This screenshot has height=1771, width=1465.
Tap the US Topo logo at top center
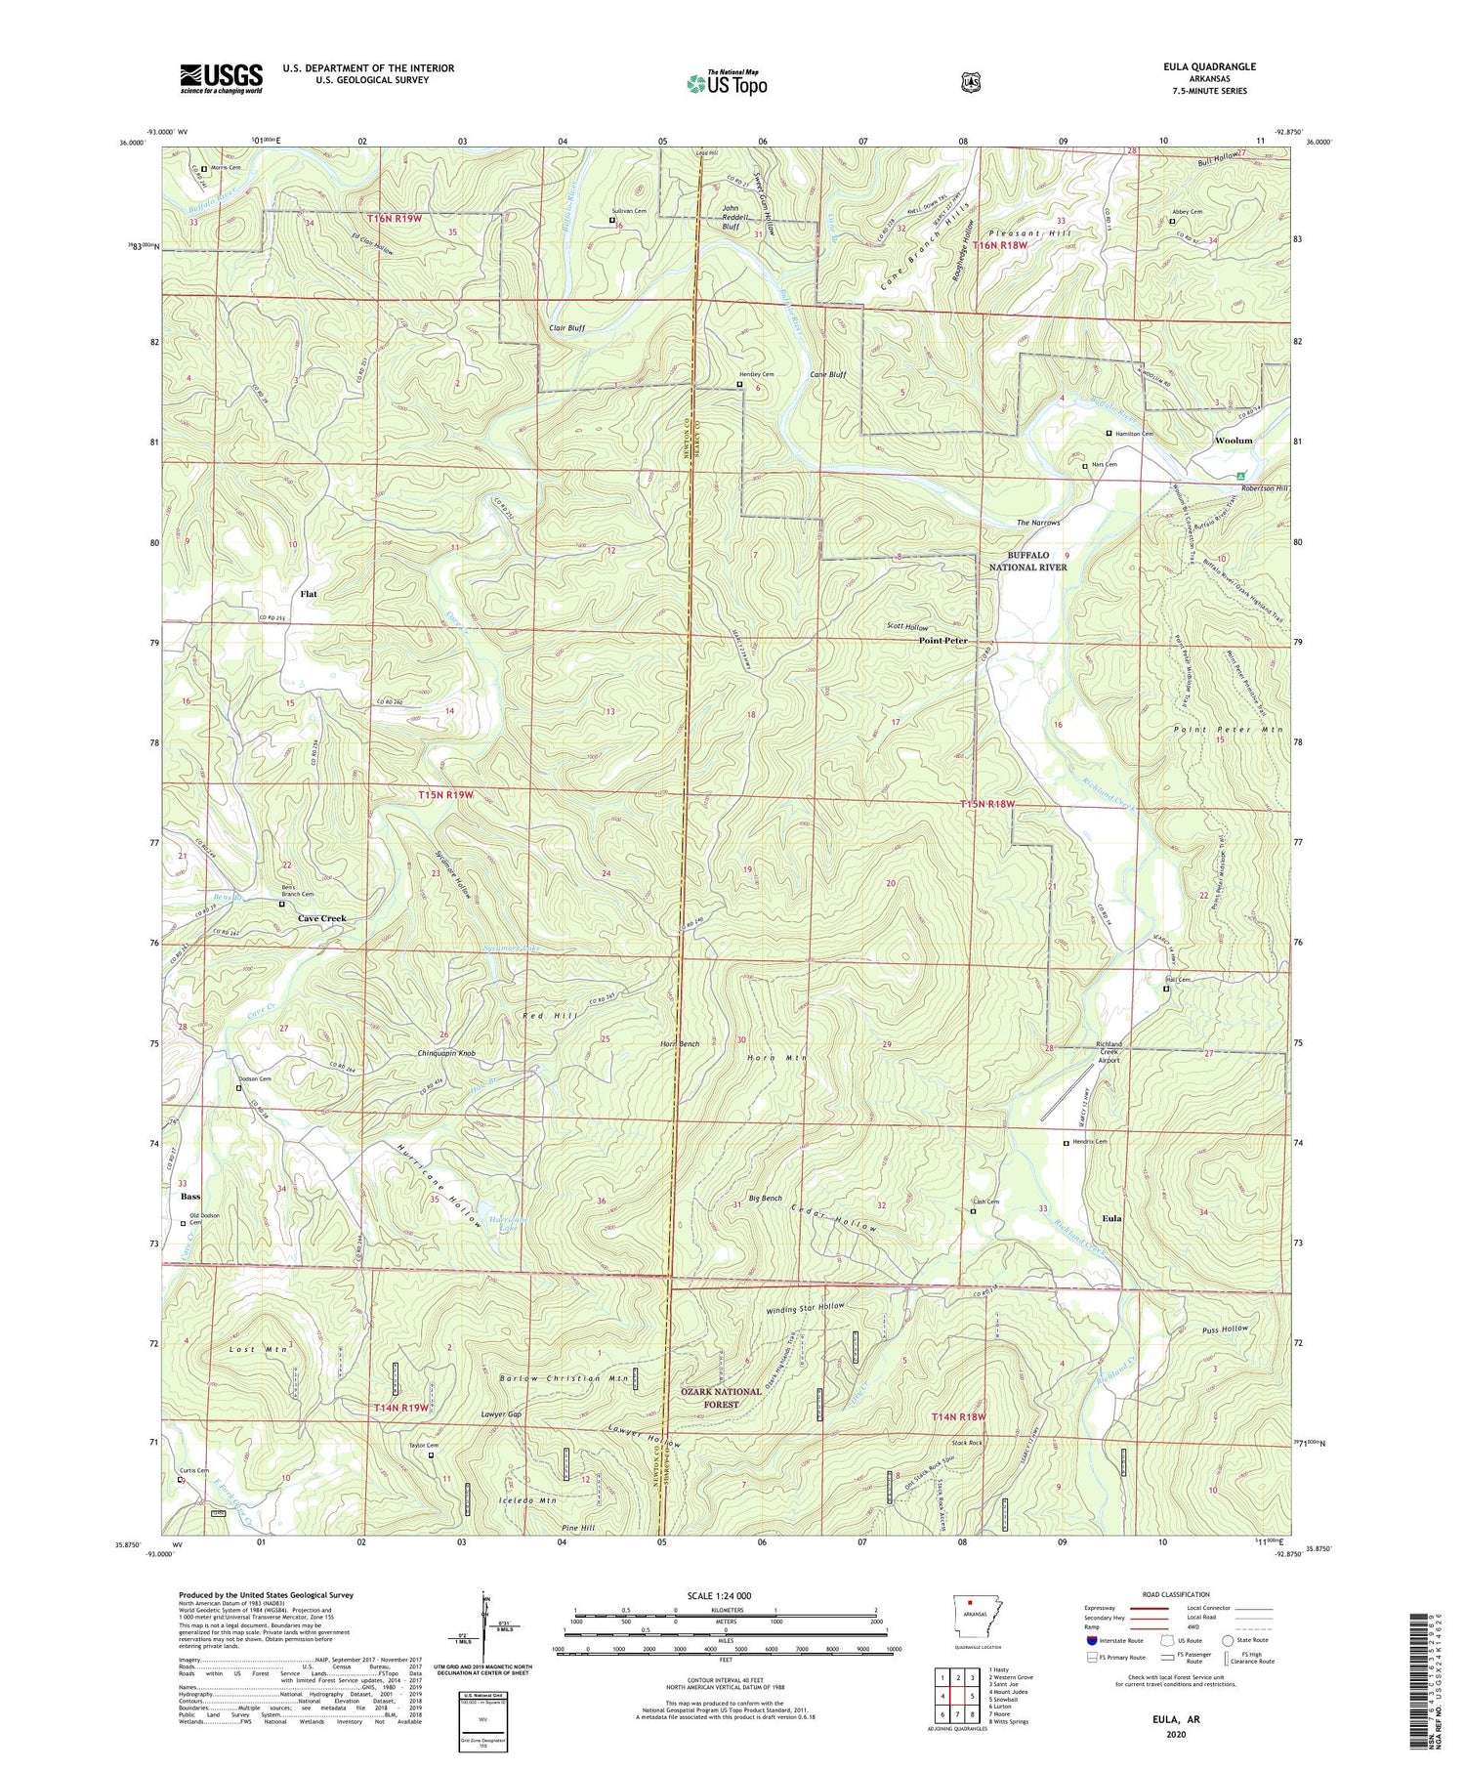[x=727, y=83]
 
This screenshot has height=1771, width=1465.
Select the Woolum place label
[x=1233, y=441]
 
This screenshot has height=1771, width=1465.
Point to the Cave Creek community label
[x=321, y=918]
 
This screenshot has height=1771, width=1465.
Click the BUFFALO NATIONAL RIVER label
[x=1027, y=561]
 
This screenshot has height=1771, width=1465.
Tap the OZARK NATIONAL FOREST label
[x=721, y=1398]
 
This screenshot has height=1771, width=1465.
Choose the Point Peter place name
[x=942, y=641]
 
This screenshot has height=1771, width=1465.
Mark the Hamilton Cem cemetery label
[x=1133, y=434]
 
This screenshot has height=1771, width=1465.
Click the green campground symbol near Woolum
[x=1241, y=476]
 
